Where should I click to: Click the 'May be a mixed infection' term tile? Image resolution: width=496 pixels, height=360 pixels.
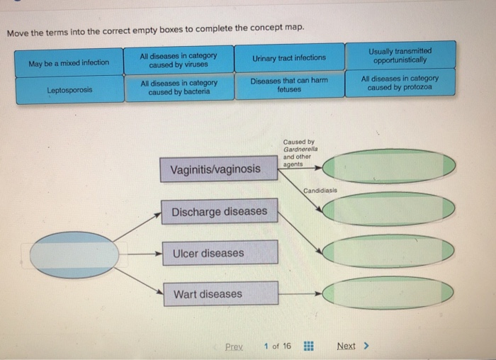(x=69, y=62)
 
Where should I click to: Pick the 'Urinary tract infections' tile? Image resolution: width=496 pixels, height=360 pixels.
(x=289, y=57)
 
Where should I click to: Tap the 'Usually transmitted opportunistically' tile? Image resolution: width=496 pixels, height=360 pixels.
(x=400, y=56)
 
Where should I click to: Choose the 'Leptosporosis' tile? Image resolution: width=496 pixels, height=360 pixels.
(x=69, y=91)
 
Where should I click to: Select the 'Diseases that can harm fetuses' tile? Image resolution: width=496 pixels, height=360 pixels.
(x=289, y=86)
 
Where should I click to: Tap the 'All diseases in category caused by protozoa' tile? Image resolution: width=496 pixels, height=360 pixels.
(x=400, y=83)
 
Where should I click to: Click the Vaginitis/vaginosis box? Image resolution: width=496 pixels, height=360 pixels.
(x=216, y=169)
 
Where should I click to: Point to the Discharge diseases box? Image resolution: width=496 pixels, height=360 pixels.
(x=219, y=211)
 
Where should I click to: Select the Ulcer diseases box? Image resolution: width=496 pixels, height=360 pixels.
(x=219, y=253)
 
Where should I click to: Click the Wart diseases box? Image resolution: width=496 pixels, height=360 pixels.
(x=219, y=294)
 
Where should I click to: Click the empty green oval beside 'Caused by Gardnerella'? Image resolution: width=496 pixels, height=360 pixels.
(x=388, y=167)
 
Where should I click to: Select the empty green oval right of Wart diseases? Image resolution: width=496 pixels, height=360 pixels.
(x=388, y=293)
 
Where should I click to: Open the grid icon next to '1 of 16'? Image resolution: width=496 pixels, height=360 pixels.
(x=308, y=347)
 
